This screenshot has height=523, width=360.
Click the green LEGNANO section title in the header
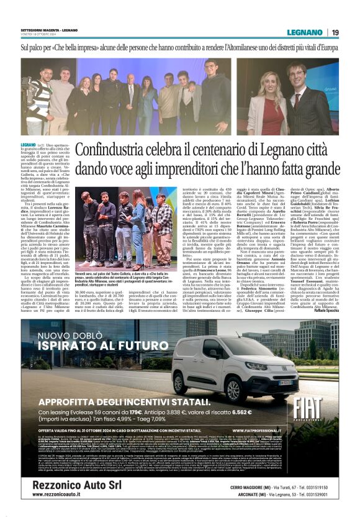[x=304, y=32]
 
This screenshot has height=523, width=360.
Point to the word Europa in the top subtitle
[x=325, y=47]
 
